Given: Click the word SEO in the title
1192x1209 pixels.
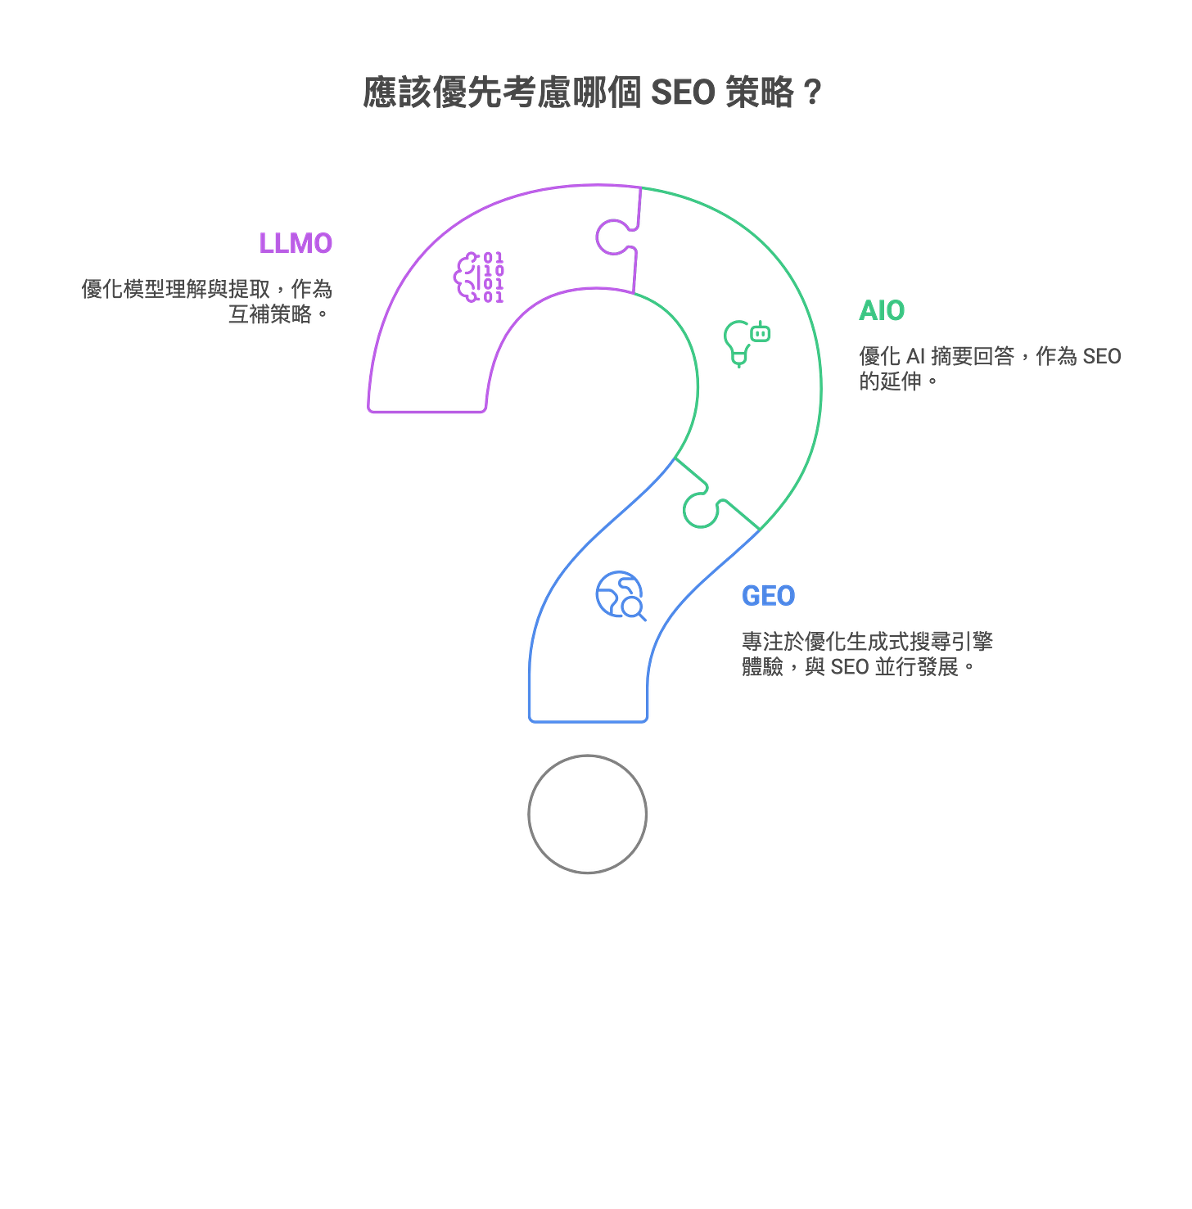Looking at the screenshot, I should tap(683, 92).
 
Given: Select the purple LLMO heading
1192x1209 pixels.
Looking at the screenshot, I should tap(296, 243).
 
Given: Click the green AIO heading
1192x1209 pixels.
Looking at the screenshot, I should tap(882, 311).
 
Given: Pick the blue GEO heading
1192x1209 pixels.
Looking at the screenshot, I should tap(768, 596).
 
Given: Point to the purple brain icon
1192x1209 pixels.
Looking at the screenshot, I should tap(479, 277).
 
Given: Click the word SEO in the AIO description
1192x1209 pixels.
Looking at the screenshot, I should tap(1102, 356).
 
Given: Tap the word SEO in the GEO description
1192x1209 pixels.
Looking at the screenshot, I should tap(850, 667).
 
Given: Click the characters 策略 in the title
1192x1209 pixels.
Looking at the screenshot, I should tap(761, 92).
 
